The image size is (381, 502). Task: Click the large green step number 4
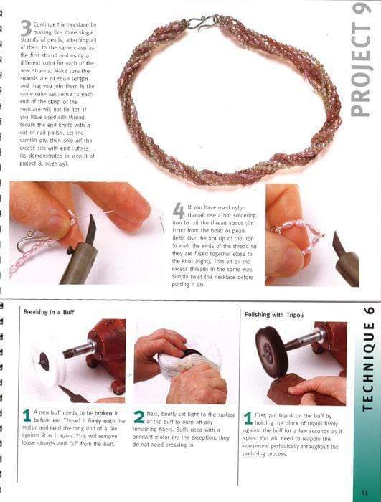(x=179, y=211)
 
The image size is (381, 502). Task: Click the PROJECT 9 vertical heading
(x=362, y=60)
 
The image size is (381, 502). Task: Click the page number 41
(x=364, y=491)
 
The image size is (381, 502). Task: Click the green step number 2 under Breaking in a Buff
(x=139, y=417)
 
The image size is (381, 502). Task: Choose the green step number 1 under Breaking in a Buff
(x=27, y=416)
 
